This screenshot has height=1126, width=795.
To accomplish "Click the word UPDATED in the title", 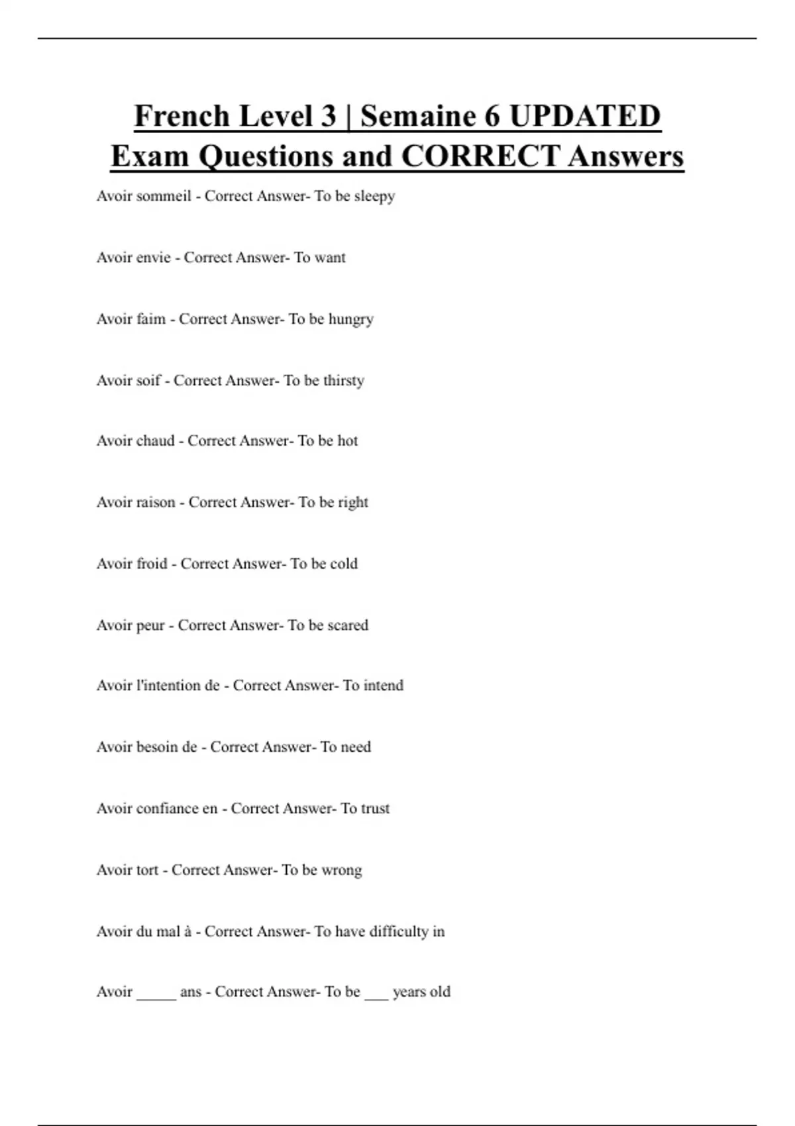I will [x=585, y=117].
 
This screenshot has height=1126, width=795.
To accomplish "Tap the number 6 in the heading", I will [x=492, y=117].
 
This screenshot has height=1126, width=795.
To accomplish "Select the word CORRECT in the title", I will [x=480, y=157].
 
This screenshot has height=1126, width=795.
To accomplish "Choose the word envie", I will [x=152, y=258].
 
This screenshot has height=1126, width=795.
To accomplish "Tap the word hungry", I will [x=351, y=319].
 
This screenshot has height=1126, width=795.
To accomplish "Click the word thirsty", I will [x=344, y=381].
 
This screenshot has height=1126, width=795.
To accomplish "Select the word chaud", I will [x=154, y=441].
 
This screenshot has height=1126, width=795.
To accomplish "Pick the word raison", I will [x=155, y=503].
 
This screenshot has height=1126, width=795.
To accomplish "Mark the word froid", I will [x=151, y=564].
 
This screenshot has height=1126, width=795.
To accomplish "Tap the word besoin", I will [x=156, y=747].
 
